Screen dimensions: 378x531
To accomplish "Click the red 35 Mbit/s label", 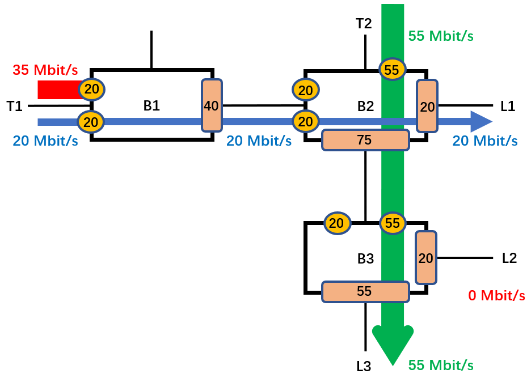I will tap(45, 71).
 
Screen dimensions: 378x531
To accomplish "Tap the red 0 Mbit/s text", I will tap(496, 295).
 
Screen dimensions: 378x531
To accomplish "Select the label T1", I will tap(15, 106).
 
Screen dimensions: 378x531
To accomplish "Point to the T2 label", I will tap(364, 24).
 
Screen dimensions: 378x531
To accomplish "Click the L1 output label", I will tap(508, 106).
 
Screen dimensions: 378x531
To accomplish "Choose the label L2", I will tap(509, 258).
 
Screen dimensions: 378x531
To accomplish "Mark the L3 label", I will tap(364, 367).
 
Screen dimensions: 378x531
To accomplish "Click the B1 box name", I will tap(151, 106).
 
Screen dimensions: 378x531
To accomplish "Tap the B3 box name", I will tap(365, 259).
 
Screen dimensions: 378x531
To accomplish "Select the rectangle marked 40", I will tap(212, 105).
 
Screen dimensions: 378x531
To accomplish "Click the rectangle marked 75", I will tap(365, 140).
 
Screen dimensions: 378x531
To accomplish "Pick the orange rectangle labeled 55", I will tap(365, 292).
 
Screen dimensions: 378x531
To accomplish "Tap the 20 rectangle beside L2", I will tap(426, 258).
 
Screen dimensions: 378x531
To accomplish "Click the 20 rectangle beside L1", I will tap(427, 106).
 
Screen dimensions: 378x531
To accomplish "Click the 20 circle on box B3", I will tap(336, 223).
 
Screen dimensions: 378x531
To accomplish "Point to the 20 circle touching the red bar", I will tap(92, 89).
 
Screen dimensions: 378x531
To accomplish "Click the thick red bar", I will tap(58, 90).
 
